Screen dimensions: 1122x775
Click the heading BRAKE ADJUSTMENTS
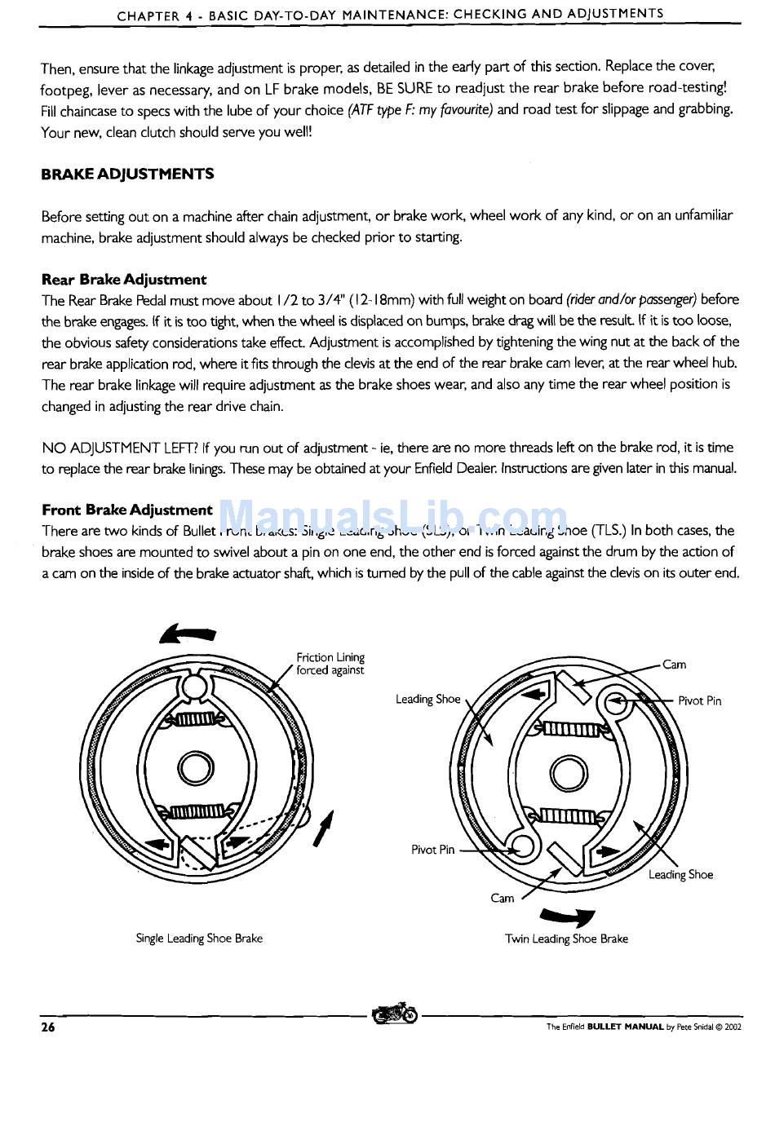pos(127,174)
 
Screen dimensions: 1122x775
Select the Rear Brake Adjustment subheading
pos(124,280)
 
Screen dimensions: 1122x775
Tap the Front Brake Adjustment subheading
pos(127,510)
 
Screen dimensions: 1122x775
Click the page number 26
pos(48,1027)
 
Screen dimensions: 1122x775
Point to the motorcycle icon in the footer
pos(394,1014)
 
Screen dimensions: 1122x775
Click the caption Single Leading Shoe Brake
pos(199,939)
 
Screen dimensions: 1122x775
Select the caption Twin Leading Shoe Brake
pos(566,939)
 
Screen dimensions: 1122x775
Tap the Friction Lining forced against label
pos(330,664)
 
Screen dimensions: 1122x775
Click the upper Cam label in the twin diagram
pos(674,665)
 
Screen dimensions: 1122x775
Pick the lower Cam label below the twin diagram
pos(503,898)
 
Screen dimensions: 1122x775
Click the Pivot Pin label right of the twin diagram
pos(699,701)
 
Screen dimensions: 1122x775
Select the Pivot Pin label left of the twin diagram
pos(433,850)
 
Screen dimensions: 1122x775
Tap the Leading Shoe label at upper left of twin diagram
pos(427,699)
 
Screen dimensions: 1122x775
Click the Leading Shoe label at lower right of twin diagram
pos(680,875)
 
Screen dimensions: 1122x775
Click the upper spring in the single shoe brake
pos(194,718)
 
